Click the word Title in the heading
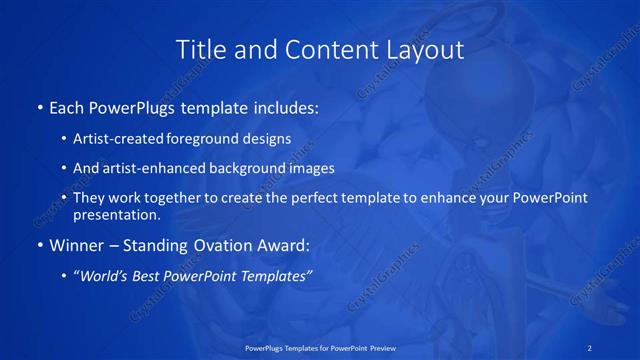point(198,49)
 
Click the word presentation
point(116,215)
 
